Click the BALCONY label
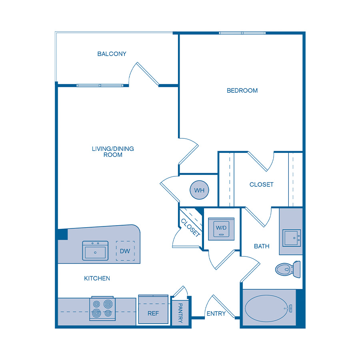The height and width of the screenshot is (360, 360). pyautogui.click(x=112, y=54)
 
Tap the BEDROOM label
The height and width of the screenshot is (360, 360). pyautogui.click(x=242, y=90)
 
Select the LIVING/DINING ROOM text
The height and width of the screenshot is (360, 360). pyautogui.click(x=113, y=152)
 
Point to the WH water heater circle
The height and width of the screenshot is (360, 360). pyautogui.click(x=199, y=190)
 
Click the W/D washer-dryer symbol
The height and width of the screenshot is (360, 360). pyautogui.click(x=221, y=229)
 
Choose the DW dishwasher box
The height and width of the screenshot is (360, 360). pyautogui.click(x=125, y=251)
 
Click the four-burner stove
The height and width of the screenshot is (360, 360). pyautogui.click(x=102, y=309)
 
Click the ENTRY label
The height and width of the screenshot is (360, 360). pyautogui.click(x=216, y=314)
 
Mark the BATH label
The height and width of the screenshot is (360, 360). pyautogui.click(x=262, y=246)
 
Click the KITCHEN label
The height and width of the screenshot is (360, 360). pyautogui.click(x=97, y=278)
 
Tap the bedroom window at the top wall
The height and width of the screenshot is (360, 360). pyautogui.click(x=242, y=33)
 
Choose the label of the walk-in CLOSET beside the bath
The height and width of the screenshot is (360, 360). pyautogui.click(x=261, y=184)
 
